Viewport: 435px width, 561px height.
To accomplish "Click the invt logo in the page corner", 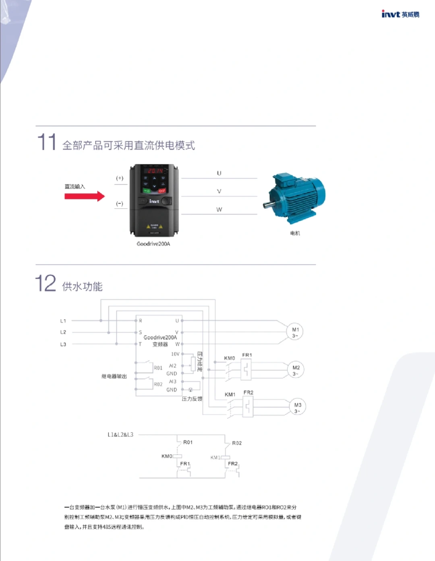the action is (400, 14).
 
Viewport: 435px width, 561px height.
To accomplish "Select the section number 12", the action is (46, 284).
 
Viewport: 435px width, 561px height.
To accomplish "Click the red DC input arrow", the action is (85, 196).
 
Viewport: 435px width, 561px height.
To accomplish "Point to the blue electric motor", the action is (296, 198).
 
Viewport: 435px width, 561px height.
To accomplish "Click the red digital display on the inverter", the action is (155, 171).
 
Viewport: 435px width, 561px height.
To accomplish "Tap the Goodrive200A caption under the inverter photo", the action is (153, 244).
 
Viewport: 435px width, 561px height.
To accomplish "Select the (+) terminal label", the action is (120, 178).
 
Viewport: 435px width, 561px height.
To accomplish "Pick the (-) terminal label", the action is (120, 203).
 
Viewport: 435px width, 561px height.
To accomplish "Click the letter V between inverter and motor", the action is (219, 191).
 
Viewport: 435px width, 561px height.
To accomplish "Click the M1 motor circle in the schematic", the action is (295, 332).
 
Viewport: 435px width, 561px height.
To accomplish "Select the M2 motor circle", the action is (296, 370).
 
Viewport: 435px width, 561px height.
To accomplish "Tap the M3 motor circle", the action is (298, 407).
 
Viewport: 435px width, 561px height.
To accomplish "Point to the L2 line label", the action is (63, 332).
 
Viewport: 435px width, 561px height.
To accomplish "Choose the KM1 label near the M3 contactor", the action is (230, 394).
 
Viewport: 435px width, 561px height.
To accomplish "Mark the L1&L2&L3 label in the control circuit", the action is (120, 435).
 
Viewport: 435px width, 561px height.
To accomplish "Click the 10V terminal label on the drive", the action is (175, 354).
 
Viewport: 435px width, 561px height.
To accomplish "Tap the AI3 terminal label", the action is (173, 381).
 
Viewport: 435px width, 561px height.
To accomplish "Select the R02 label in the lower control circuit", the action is (237, 443).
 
